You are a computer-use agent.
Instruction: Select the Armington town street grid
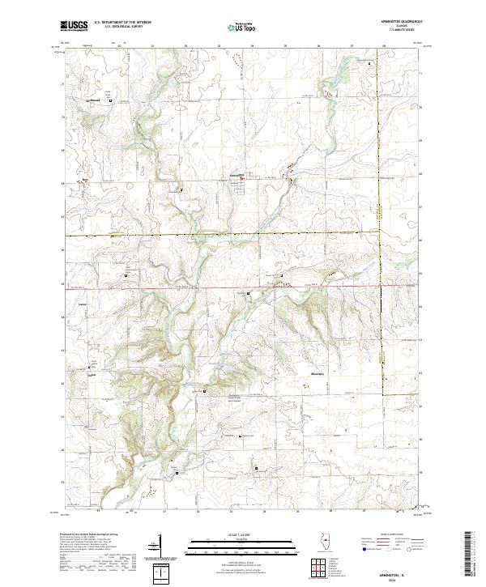coord(243,185)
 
